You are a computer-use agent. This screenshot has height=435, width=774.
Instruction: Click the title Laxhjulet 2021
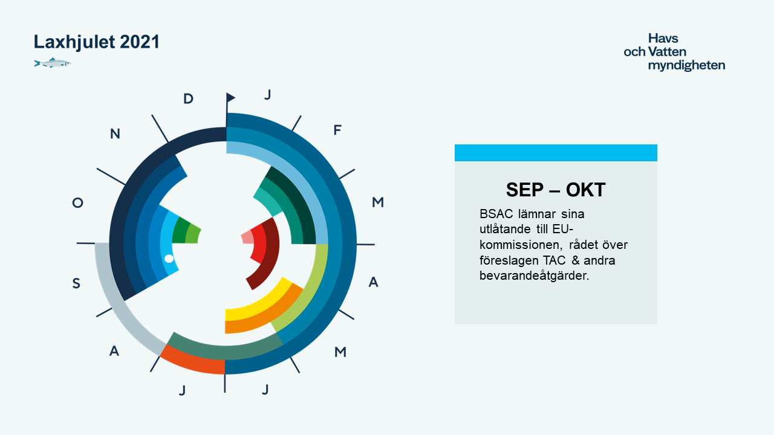(x=96, y=42)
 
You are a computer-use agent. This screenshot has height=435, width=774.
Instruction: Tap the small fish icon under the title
(x=53, y=63)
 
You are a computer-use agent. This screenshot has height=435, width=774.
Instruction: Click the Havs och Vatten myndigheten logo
(x=674, y=52)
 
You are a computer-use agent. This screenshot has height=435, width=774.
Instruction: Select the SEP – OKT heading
(x=556, y=190)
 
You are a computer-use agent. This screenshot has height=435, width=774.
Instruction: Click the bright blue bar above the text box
(x=556, y=153)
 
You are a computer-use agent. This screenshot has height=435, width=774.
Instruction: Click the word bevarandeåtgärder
(x=534, y=276)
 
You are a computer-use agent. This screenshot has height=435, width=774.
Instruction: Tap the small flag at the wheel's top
(x=230, y=98)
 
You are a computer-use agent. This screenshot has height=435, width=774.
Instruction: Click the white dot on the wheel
(x=169, y=259)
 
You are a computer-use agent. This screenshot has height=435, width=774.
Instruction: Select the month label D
(x=188, y=98)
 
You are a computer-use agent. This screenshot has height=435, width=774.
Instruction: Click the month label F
(x=337, y=130)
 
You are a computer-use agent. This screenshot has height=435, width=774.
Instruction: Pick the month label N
(x=115, y=134)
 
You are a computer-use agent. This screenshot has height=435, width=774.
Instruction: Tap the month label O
(x=78, y=202)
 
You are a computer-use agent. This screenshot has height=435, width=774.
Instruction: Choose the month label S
(x=76, y=283)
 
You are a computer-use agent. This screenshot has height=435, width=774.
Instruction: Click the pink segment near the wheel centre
(x=247, y=237)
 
